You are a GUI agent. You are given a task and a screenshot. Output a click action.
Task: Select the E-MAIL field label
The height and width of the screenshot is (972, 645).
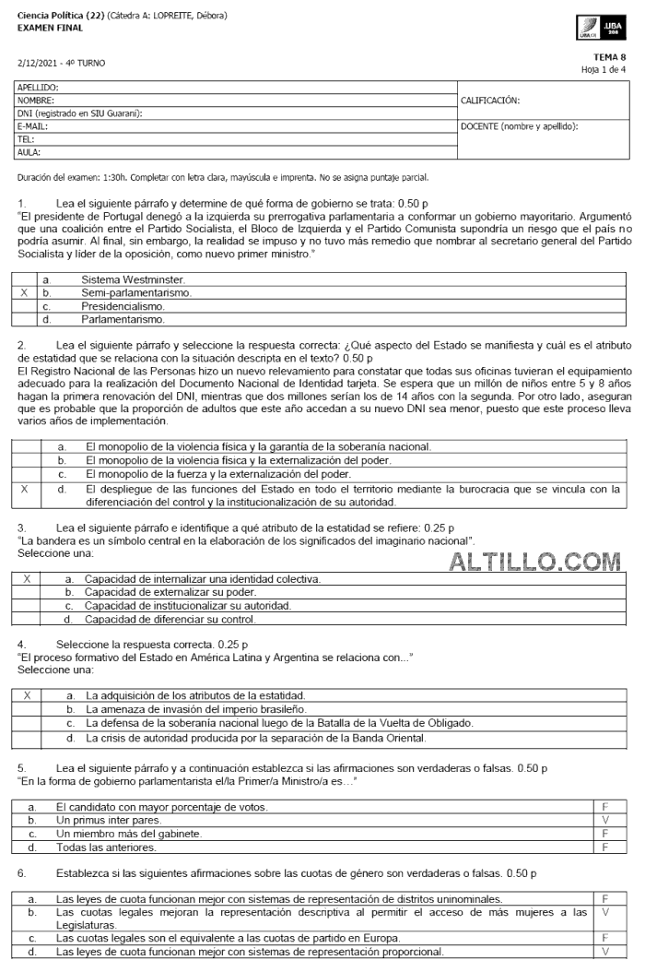point(33,126)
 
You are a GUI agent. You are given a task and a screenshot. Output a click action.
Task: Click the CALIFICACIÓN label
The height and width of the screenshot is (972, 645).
point(489,100)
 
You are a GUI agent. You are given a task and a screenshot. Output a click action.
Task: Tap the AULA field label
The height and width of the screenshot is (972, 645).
point(29,152)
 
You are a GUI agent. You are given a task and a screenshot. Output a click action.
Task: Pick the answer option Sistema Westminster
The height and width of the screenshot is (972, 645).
point(133,279)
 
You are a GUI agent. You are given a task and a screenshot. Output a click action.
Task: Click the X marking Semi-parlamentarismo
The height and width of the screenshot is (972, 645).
point(24,292)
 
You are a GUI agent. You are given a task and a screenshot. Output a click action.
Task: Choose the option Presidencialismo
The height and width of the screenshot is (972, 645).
point(123,306)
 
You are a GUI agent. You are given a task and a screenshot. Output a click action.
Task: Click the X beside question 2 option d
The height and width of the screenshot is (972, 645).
point(24,490)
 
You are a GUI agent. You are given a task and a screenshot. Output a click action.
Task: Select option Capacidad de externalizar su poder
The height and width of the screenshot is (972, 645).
point(170,592)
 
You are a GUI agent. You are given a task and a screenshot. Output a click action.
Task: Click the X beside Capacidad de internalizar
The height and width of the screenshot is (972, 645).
point(28,579)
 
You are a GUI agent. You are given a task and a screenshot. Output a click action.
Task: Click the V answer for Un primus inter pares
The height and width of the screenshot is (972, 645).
point(605,820)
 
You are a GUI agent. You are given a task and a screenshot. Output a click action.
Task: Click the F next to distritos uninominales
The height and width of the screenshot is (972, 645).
point(605,897)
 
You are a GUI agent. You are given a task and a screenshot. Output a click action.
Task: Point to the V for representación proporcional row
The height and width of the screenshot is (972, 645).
point(605,952)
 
